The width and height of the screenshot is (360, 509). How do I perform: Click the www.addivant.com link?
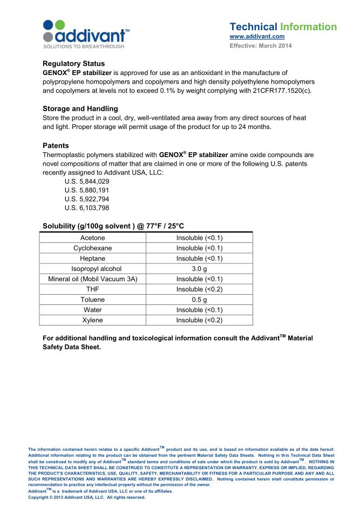pos(257,36)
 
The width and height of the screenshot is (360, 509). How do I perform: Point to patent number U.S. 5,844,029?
pos(86,182)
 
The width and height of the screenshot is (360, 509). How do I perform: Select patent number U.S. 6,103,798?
pos(86,208)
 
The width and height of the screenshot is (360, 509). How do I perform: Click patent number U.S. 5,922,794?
pos(86,199)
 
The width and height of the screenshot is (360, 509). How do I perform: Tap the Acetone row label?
pos(92,237)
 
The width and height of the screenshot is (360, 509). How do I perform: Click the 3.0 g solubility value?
pos(199,268)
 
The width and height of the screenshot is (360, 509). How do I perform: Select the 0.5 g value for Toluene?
pos(199,300)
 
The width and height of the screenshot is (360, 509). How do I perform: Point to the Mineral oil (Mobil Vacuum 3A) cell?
pos(93,279)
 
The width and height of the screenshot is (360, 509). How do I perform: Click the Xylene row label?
pos(92,320)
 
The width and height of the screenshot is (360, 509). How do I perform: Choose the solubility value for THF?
pos(199,289)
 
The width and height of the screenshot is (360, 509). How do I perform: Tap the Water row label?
pos(92,310)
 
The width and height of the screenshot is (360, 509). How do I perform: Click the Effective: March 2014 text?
pos(261,45)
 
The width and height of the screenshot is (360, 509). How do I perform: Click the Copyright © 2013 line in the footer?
pos(87,497)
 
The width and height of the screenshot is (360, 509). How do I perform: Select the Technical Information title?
pos(283,26)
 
